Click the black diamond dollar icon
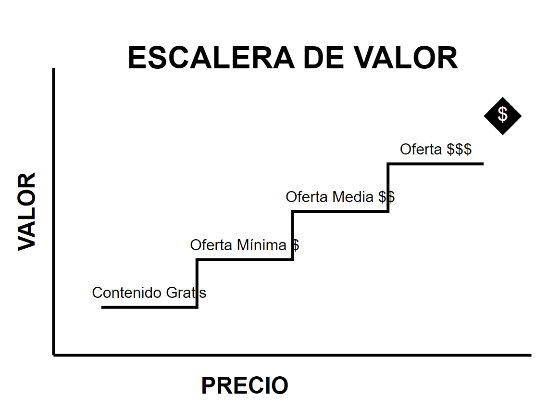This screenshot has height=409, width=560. (x=502, y=115)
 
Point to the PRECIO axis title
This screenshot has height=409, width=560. (x=245, y=386)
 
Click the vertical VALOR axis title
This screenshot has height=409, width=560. (x=27, y=212)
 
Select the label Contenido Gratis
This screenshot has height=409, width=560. (x=149, y=293)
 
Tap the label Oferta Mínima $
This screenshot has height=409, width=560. (x=244, y=245)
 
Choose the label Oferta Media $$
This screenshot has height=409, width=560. (x=340, y=197)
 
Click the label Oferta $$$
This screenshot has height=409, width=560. (x=436, y=149)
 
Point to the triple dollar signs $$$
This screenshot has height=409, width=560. (x=459, y=149)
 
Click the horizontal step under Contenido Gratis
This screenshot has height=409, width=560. (x=149, y=307)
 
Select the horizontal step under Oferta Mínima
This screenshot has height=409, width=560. (x=245, y=259)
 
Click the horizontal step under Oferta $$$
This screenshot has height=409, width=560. (x=436, y=164)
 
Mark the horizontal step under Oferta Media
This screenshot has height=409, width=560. (x=340, y=212)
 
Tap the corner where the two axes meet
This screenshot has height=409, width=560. (x=54, y=355)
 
